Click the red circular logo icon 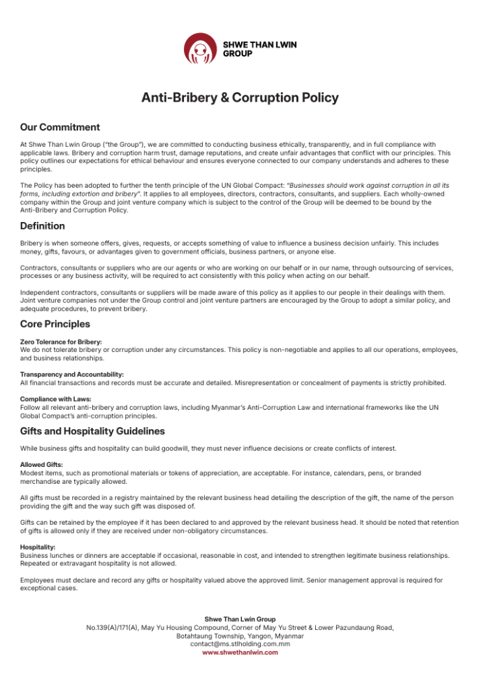201,48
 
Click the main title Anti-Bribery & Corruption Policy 240,98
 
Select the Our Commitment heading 60,127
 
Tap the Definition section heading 42,226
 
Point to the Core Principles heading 55,324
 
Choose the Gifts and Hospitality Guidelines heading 92,431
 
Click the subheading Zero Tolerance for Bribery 61,342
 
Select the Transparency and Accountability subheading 72,374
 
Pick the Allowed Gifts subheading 42,465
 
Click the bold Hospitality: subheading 38,547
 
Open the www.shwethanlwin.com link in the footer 240,652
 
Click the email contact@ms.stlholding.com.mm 240,644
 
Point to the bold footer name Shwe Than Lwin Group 240,619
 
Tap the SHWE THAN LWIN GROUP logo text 259,48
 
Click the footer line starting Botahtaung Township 240,636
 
